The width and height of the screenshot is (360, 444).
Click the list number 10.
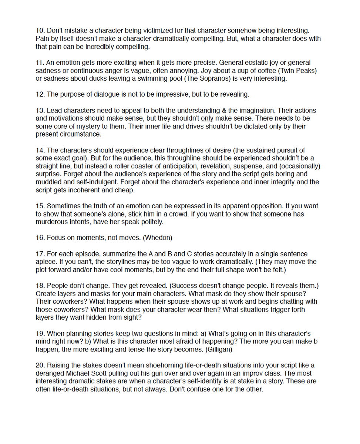point(40,31)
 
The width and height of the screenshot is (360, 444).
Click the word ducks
point(93,78)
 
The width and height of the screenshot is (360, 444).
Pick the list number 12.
point(40,94)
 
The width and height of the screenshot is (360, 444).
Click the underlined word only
point(207,118)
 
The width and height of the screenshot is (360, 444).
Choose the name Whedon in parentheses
point(157,238)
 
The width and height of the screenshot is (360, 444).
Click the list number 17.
point(40,254)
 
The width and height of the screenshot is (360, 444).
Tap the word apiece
point(46,262)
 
